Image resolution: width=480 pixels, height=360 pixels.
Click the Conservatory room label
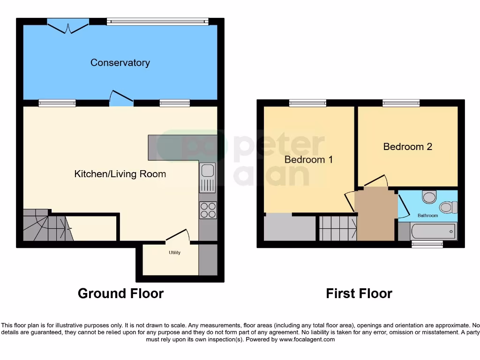pos(120,62)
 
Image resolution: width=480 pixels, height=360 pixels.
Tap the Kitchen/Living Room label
pos(120,174)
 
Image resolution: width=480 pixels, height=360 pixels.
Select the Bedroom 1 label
pos(308,159)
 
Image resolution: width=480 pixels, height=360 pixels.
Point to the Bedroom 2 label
pos(407,147)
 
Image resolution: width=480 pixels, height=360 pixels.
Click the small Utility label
pos(174,253)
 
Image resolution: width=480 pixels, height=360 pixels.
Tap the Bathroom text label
pos(427,216)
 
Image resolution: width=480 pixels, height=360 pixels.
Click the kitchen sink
pos(207,178)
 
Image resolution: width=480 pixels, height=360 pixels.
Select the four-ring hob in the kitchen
pos(208,210)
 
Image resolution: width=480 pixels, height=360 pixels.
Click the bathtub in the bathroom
pos(433,231)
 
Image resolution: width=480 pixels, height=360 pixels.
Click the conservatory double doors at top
pos(68,26)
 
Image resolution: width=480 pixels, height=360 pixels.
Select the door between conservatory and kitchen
pos(121,97)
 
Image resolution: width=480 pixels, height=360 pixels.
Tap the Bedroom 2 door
pos(377,181)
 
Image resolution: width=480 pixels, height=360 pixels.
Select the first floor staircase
pos(337,228)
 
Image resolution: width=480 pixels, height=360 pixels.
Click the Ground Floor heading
pos(120,293)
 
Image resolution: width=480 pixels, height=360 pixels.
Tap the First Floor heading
pos(359,293)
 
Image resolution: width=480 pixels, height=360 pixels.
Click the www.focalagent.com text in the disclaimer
pos(307,339)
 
